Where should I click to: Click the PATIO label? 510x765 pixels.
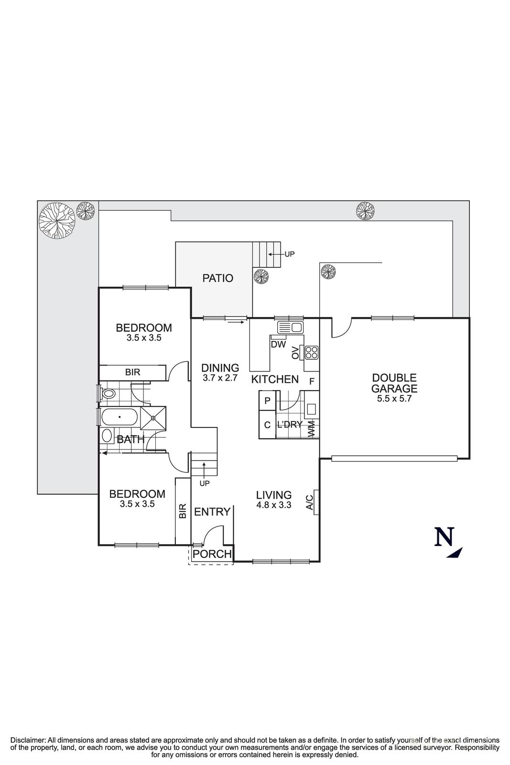tap(217, 278)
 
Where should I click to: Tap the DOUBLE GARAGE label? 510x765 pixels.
tap(394, 383)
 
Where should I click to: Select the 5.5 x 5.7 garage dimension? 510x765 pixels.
tap(394, 398)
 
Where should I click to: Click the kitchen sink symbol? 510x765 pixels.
tap(290, 328)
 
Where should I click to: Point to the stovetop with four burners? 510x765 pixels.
tap(312, 352)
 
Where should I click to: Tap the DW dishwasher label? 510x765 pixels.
tap(278, 344)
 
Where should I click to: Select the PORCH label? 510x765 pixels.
tap(212, 554)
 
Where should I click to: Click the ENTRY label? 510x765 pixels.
tap(212, 512)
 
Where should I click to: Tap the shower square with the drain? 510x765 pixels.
tap(153, 417)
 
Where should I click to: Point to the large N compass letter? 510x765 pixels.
tap(444, 537)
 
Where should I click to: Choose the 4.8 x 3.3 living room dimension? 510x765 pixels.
tap(273, 505)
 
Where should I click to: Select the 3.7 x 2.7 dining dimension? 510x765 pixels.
tap(220, 378)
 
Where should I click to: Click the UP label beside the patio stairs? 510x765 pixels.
tap(290, 254)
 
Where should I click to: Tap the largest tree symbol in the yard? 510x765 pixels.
tap(57, 221)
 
